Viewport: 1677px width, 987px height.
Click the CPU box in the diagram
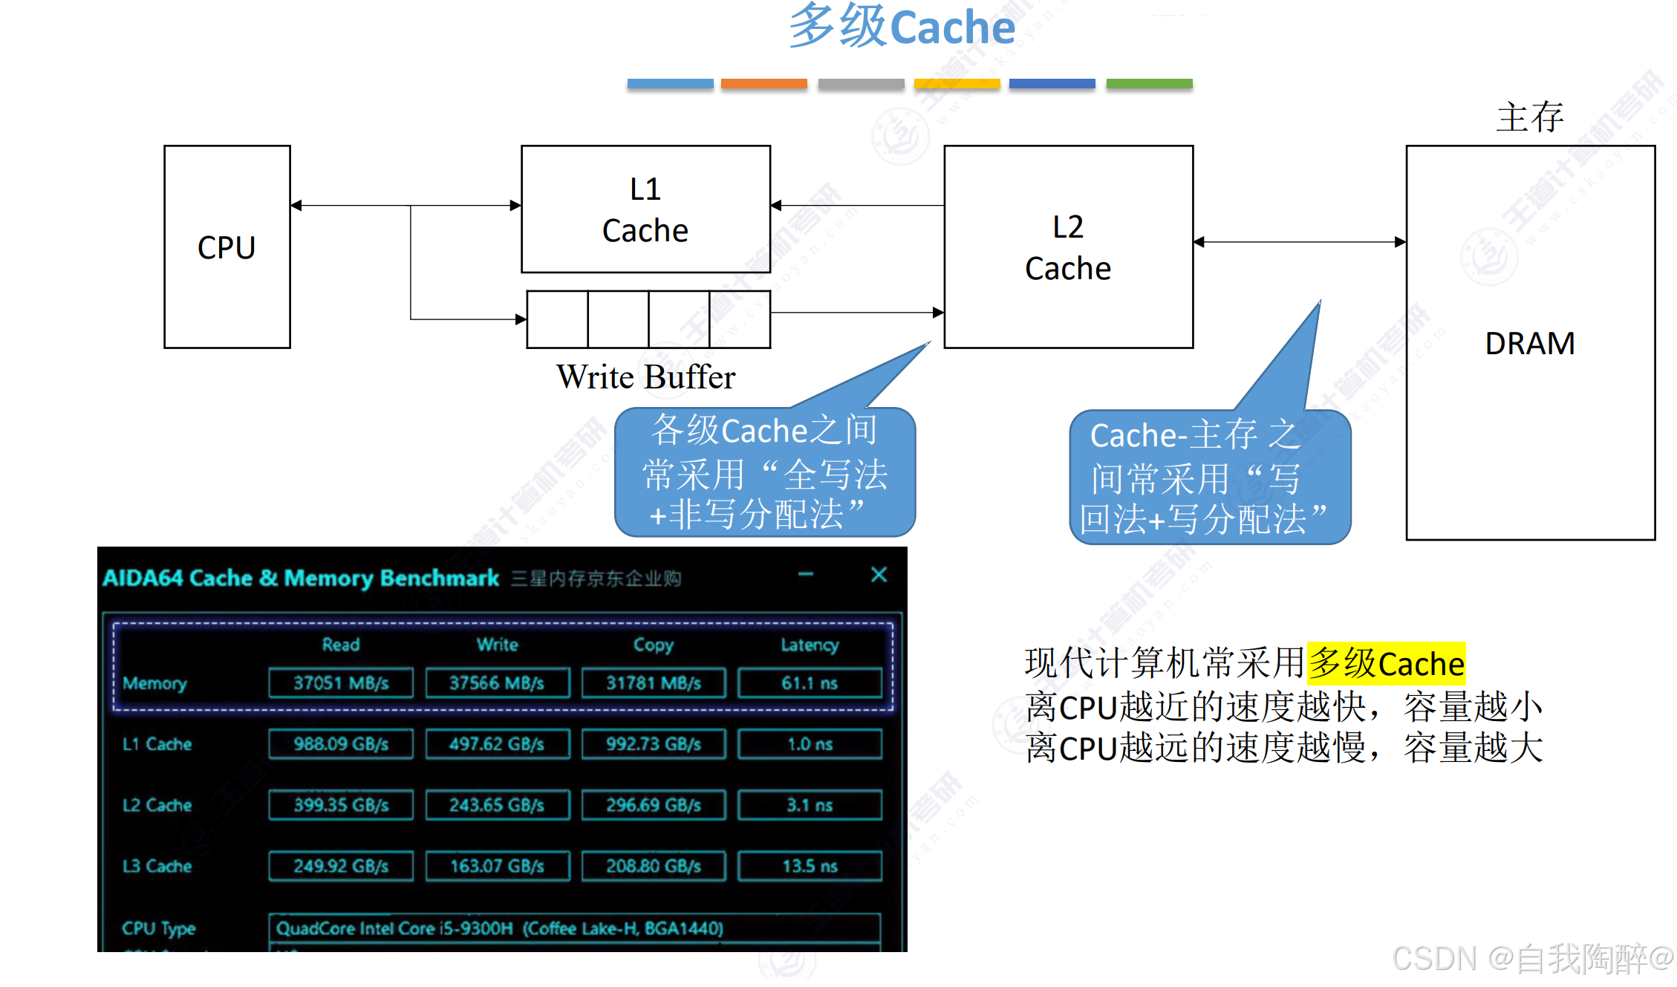[227, 247]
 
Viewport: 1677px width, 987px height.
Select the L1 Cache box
[645, 209]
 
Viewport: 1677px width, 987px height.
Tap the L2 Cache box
[1068, 247]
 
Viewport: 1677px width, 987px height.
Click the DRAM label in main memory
[1529, 344]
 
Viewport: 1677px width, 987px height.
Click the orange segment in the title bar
[764, 85]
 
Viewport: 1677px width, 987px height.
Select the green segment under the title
[1149, 85]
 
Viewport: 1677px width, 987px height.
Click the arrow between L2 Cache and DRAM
[1300, 242]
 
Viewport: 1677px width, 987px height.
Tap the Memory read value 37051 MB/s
[341, 683]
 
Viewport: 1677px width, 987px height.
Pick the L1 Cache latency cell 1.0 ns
[810, 744]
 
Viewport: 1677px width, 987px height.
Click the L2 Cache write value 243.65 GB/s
[497, 805]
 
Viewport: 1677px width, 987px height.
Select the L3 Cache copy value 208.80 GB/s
[654, 866]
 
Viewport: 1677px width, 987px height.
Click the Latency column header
[810, 645]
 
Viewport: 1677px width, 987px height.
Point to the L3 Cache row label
[157, 866]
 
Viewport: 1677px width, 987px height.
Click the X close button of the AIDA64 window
[879, 575]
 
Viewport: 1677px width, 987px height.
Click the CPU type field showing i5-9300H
[574, 928]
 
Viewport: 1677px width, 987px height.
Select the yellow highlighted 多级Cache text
[1386, 663]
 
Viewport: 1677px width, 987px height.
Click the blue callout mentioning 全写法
[764, 472]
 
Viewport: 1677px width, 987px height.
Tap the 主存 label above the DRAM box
[1529, 117]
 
